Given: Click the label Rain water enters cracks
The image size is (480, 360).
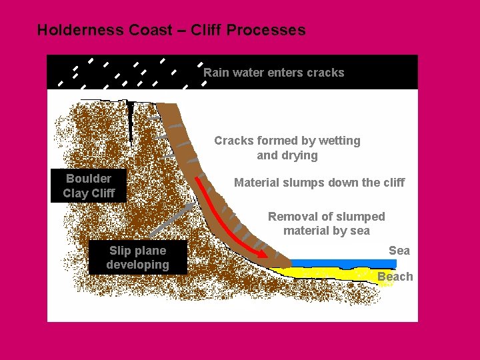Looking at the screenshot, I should [273, 73].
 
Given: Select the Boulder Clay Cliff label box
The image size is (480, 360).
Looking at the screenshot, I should [89, 186].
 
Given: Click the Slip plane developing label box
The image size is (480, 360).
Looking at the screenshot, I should [138, 257].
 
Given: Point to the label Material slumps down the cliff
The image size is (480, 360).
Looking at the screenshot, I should [319, 183].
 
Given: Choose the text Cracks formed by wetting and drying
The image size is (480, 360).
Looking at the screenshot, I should [287, 148].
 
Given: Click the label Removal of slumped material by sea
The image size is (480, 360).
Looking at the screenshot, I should [326, 223].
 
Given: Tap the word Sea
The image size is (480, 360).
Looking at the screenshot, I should [399, 250].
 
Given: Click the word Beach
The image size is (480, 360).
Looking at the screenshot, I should [395, 276].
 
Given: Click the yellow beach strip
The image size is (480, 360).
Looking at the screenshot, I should [333, 273].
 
